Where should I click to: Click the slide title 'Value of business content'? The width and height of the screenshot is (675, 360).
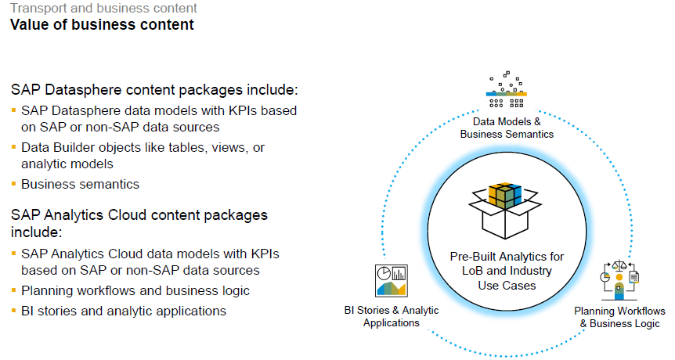click(x=102, y=25)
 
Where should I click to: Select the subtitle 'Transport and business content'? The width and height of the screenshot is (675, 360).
click(x=103, y=9)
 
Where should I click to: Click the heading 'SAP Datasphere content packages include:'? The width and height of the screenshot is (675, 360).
click(x=154, y=89)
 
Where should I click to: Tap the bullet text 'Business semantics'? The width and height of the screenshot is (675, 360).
click(x=80, y=185)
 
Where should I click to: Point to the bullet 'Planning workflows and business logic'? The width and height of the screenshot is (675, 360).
click(x=135, y=290)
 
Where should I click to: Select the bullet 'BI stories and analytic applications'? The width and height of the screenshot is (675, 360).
click(x=124, y=311)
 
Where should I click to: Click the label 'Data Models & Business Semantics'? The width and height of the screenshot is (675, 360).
click(x=507, y=128)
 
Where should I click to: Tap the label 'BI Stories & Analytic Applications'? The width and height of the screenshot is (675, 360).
click(x=392, y=316)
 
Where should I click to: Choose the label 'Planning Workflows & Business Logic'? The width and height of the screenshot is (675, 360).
click(x=619, y=317)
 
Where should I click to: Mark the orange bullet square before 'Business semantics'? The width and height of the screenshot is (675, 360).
click(x=13, y=185)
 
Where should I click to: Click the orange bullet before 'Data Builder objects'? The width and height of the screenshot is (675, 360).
click(x=13, y=147)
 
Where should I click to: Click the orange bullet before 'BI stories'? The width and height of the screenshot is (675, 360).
click(x=13, y=311)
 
